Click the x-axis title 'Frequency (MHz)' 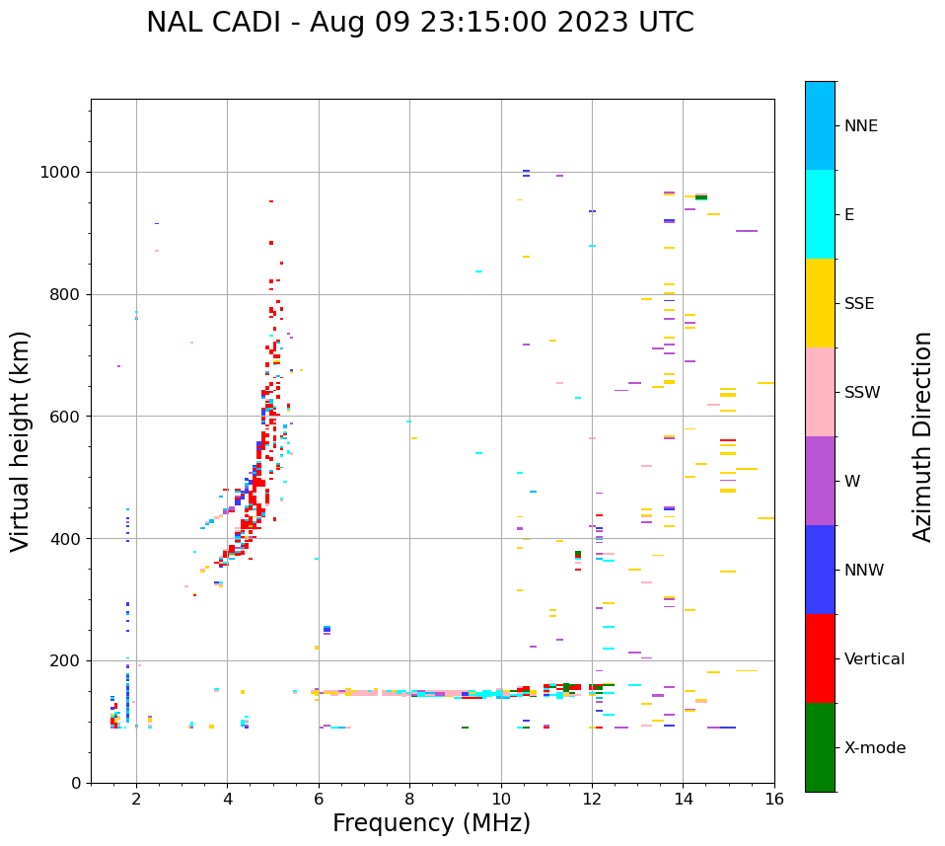(x=431, y=823)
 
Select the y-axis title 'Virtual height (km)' (x=21, y=441)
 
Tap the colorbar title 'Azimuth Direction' (x=922, y=436)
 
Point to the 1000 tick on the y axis (x=64, y=173)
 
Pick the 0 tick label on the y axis (x=77, y=783)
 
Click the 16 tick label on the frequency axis (x=774, y=799)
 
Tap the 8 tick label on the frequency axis (x=409, y=799)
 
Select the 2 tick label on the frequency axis (x=136, y=799)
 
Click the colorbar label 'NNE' (x=860, y=126)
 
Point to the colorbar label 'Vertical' (x=874, y=659)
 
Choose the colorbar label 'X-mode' (x=874, y=748)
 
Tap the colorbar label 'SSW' (x=862, y=393)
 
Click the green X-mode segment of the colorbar (x=820, y=747)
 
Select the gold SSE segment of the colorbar (x=820, y=303)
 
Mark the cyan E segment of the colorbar (x=820, y=214)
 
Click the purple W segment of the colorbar (x=820, y=481)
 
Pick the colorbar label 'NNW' (x=864, y=571)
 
